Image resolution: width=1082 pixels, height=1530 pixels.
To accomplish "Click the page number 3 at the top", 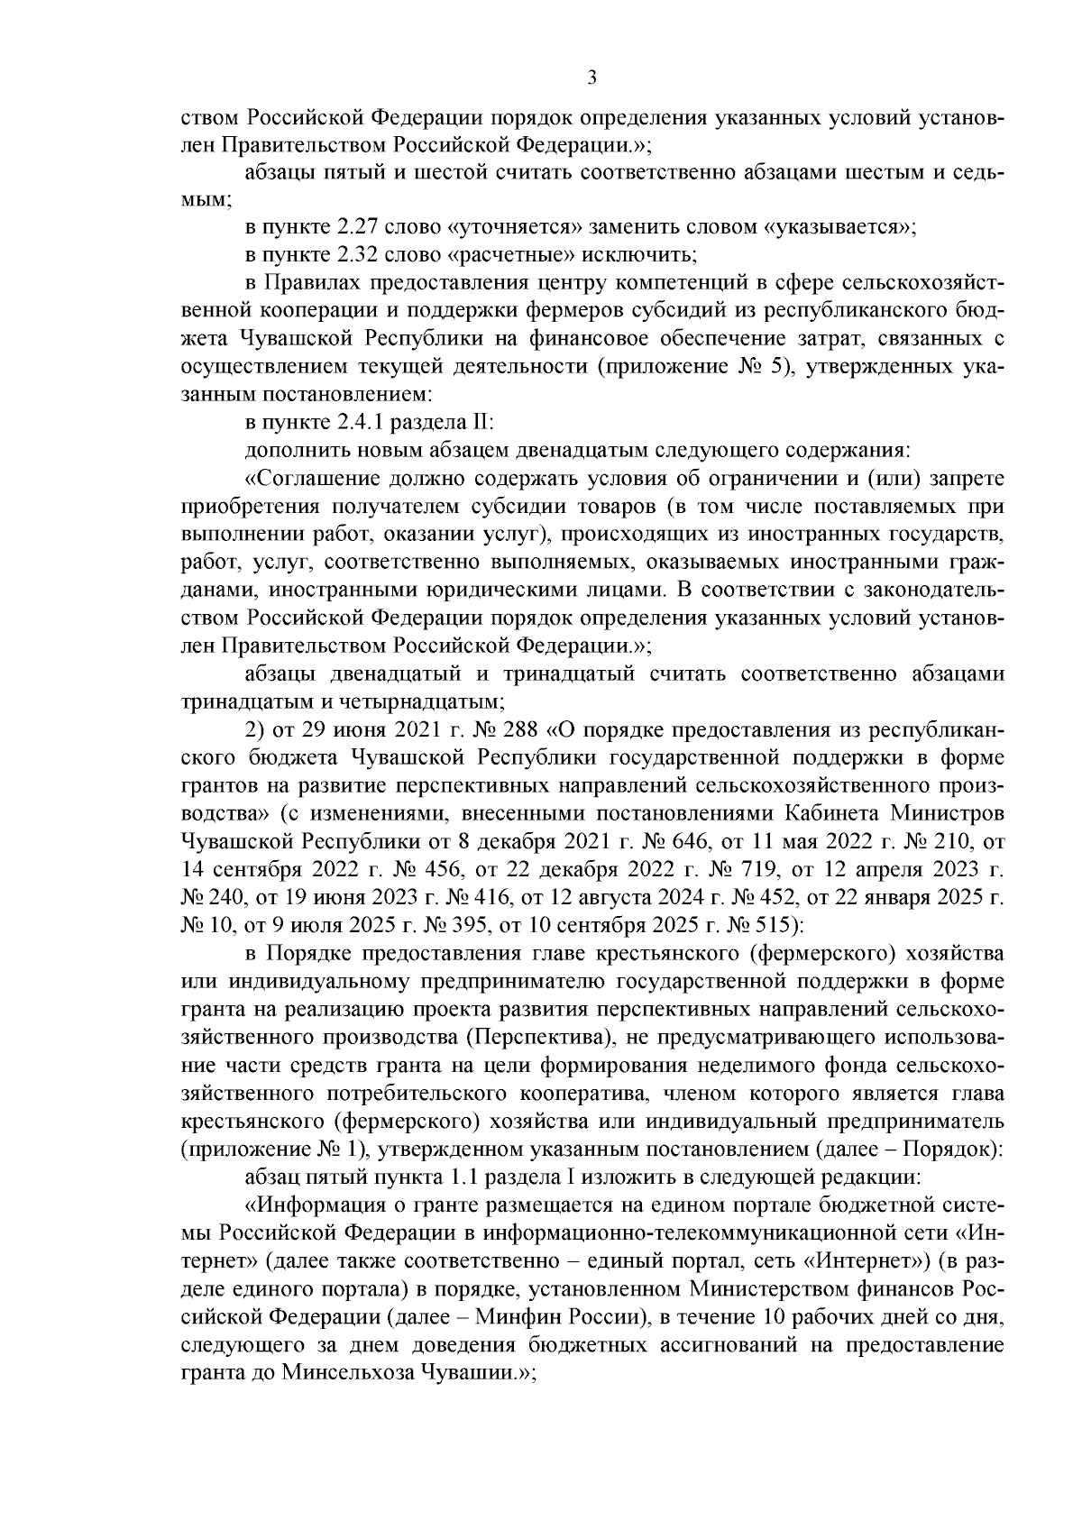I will click(591, 78).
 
